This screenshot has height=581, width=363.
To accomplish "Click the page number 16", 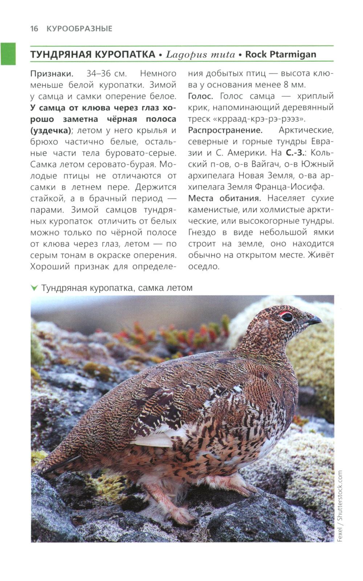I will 34,29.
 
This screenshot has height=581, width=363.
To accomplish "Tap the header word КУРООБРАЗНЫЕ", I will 79,29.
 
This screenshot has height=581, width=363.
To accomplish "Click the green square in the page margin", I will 8,54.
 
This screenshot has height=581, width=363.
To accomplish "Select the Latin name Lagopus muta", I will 200,55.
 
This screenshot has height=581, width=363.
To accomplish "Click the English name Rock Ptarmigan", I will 281,55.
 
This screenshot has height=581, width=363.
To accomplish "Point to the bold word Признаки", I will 52,73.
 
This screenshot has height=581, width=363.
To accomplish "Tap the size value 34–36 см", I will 107,73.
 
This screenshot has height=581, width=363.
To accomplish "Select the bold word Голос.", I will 200,96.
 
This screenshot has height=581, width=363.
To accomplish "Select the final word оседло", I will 204,266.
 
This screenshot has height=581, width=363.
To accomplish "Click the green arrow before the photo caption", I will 34,288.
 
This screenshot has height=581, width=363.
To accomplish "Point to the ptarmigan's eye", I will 287,317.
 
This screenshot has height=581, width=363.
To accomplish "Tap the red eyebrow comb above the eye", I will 286,312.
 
